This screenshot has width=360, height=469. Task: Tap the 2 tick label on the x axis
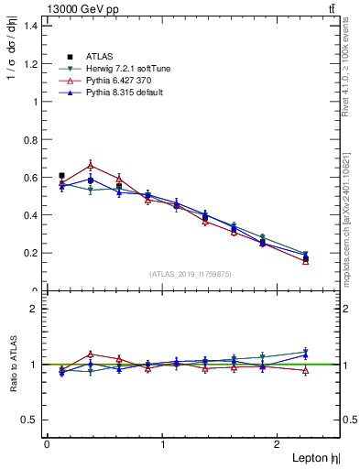click(x=279, y=443)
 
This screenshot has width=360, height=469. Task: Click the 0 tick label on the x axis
click(x=47, y=443)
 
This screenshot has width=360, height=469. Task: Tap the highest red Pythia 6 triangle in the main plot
click(x=90, y=165)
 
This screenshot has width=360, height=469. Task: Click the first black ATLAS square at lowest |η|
click(x=61, y=175)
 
